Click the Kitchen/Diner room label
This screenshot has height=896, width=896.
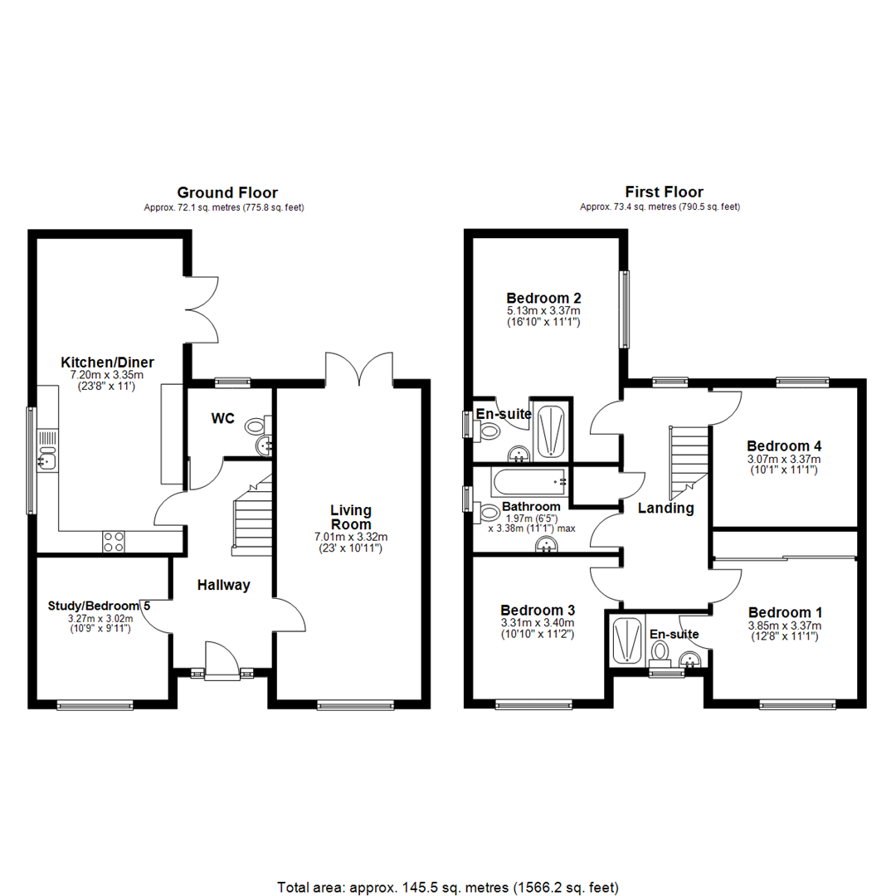coord(108,363)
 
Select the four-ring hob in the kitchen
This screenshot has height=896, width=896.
coord(114,542)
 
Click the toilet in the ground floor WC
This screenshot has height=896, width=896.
coord(256,426)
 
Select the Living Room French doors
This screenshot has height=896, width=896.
coord(359,368)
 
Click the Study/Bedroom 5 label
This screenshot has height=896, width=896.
coord(100,605)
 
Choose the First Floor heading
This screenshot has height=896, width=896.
coord(660,192)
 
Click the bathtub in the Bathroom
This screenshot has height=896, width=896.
coord(528,480)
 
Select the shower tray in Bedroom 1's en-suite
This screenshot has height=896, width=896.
coord(626,640)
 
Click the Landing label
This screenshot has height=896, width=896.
coord(665,509)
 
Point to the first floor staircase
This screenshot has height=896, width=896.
coord(687,460)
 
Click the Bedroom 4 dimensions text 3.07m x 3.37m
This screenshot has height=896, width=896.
coord(784,459)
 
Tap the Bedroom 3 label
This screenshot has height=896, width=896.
coord(538,610)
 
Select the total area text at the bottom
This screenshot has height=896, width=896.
coord(448,864)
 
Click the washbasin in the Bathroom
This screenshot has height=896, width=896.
coord(546,543)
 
